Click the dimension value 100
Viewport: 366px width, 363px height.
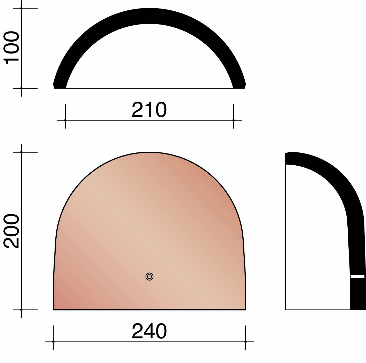(12, 48)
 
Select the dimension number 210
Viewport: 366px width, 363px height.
(149, 110)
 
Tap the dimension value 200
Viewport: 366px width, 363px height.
(12, 231)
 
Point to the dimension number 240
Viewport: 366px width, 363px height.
(149, 331)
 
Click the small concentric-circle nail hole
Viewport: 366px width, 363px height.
(150, 277)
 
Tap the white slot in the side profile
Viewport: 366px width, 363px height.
(357, 276)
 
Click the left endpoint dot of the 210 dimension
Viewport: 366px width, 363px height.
(65, 120)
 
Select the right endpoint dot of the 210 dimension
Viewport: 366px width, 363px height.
(234, 120)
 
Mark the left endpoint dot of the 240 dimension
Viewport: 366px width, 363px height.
(53, 342)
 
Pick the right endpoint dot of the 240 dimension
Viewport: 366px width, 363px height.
(245, 342)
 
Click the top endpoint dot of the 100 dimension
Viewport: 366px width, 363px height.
(21, 8)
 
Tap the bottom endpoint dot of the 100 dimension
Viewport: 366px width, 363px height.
(21, 88)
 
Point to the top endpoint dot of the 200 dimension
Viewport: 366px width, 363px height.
(21, 152)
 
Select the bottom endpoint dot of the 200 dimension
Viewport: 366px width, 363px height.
(21, 310)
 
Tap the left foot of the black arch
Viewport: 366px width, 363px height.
(60, 86)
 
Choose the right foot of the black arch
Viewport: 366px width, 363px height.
(239, 86)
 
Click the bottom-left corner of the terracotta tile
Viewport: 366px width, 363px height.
(54, 309)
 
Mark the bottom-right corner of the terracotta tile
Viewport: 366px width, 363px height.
(245, 309)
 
